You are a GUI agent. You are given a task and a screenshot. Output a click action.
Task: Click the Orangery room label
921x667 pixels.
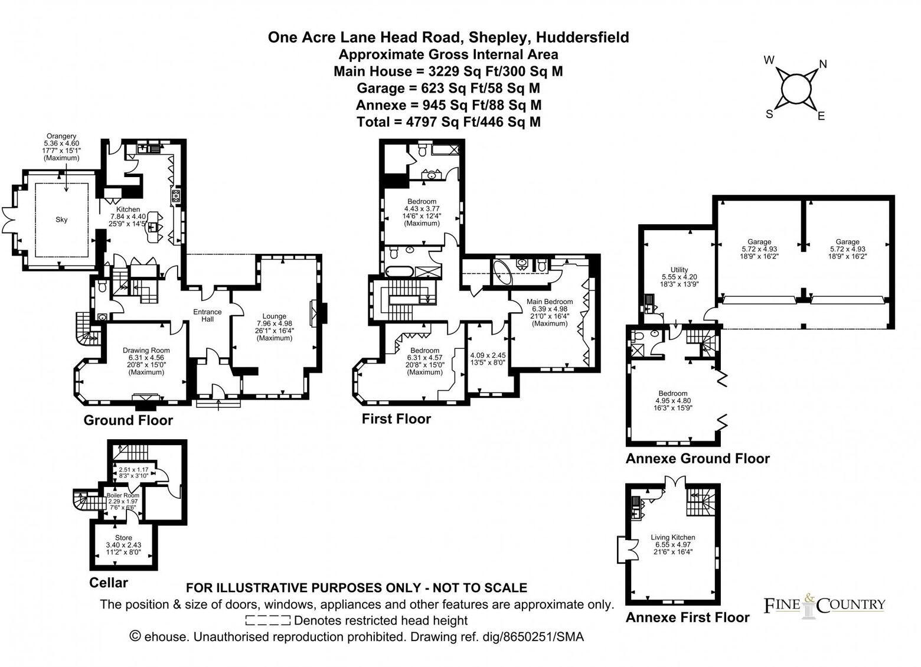coord(61,136)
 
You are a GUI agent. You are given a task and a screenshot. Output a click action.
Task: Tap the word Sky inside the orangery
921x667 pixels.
coord(61,220)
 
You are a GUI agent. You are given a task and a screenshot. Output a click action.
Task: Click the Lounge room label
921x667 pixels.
coord(275,316)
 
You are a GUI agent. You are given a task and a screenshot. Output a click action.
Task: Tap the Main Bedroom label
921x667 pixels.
coord(549,302)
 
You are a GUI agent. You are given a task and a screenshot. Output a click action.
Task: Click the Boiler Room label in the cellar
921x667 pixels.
coord(127,495)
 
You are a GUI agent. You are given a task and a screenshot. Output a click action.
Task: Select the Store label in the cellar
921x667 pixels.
coord(123,538)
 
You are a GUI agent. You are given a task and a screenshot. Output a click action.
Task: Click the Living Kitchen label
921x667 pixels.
coord(672,537)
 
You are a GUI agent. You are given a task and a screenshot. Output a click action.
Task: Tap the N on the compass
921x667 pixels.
coord(822,64)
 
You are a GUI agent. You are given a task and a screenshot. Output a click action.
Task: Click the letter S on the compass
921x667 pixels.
coord(769,114)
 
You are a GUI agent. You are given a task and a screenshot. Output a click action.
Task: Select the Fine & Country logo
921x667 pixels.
coord(824,605)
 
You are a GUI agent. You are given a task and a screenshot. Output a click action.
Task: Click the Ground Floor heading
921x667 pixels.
coord(128,420)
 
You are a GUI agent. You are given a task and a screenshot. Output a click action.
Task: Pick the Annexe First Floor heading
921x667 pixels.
coord(687,617)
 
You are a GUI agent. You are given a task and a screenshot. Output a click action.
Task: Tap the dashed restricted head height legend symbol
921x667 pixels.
coord(267,620)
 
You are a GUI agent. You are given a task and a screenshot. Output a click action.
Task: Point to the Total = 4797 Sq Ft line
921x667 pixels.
coord(449,122)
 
